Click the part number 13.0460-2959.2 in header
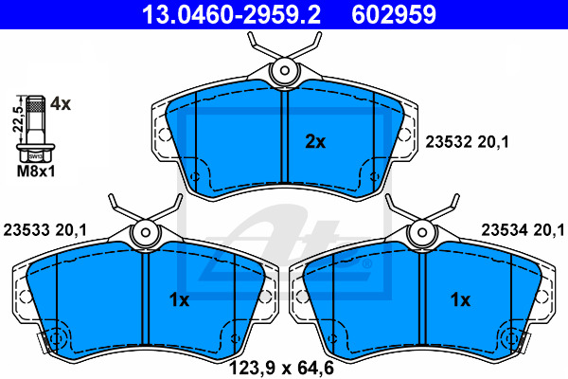[231, 14]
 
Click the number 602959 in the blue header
[394, 14]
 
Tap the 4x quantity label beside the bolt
[61, 104]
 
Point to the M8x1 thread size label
[36, 171]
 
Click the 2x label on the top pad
[315, 142]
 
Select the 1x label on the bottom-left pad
[179, 300]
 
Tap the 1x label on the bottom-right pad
[460, 300]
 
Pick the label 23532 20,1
[467, 142]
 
